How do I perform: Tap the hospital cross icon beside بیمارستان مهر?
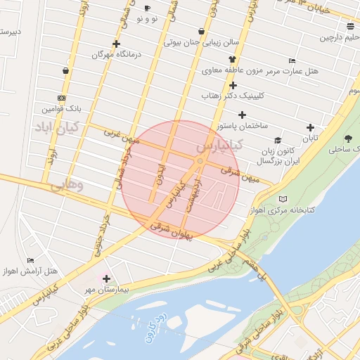[x=107, y=279]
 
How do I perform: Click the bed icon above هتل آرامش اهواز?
[x=30, y=260]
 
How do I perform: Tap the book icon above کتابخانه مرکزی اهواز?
[x=283, y=199]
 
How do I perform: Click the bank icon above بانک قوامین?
[x=62, y=98]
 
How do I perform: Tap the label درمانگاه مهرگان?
[x=115, y=54]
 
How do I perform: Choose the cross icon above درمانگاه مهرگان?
[x=116, y=44]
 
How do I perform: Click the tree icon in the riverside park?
[x=349, y=139]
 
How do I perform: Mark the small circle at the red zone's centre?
[x=200, y=162]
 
